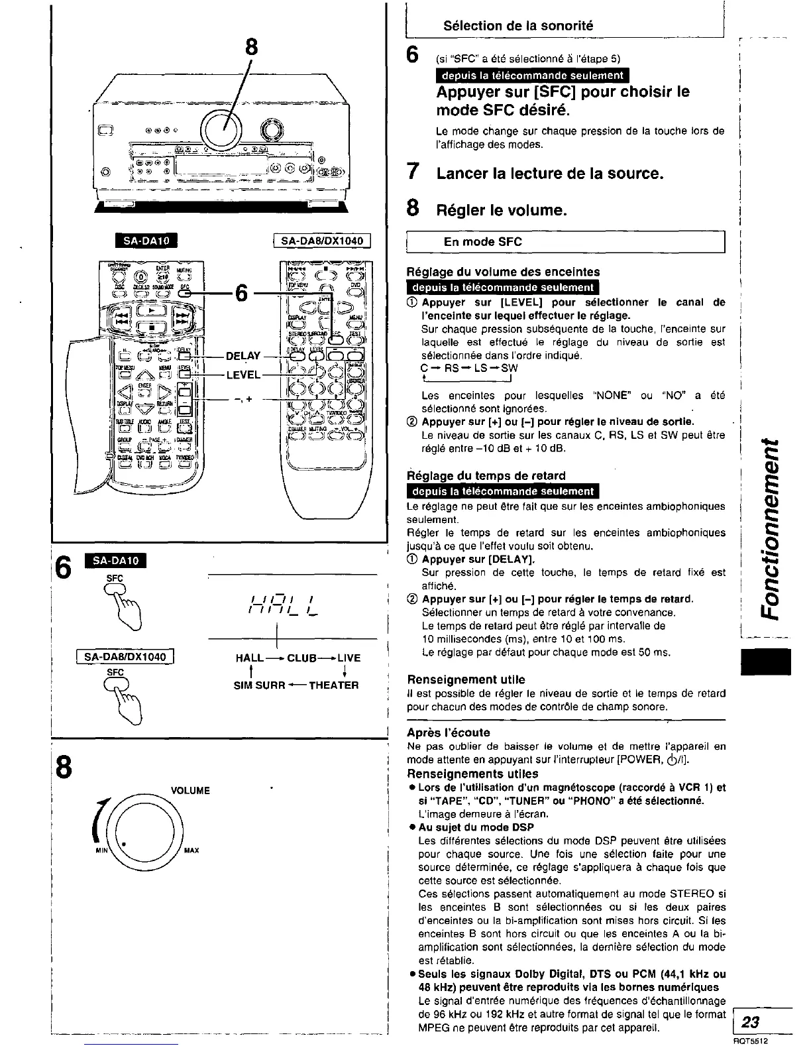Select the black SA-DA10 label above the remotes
[x=143, y=241]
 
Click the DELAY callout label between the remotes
[x=243, y=356]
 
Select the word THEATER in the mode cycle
[x=333, y=685]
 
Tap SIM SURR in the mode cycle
[x=259, y=685]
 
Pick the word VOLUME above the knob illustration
[x=190, y=791]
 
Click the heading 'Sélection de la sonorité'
[x=517, y=26]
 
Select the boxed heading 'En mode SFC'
[x=482, y=242]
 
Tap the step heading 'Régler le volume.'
[x=501, y=211]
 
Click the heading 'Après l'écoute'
[x=449, y=732]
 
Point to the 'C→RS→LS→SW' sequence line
[x=469, y=369]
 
